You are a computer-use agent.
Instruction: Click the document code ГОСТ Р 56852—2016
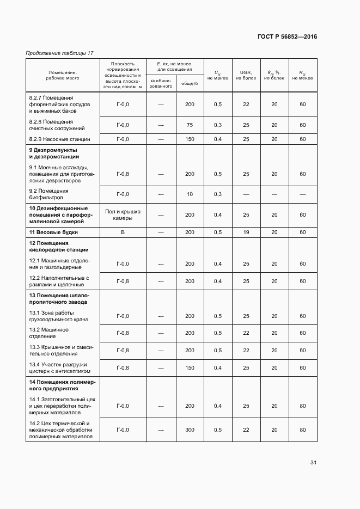pyautogui.click(x=286, y=37)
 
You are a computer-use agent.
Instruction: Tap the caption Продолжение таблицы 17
pyautogui.click(x=60, y=53)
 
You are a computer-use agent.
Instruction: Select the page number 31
pyautogui.click(x=313, y=463)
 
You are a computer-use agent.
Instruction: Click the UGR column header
pyautogui.click(x=246, y=75)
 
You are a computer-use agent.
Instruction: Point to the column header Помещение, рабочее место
pyautogui.click(x=63, y=75)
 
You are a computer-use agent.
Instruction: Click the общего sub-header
pyautogui.click(x=190, y=83)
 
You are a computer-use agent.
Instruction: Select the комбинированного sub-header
pyautogui.click(x=161, y=83)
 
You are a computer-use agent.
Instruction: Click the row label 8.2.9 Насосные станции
pyautogui.click(x=59, y=139)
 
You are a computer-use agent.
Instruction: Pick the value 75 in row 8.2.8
pyautogui.click(x=190, y=125)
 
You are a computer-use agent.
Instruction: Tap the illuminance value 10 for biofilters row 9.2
pyautogui.click(x=190, y=194)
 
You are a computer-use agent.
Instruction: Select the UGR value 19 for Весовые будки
pyautogui.click(x=246, y=232)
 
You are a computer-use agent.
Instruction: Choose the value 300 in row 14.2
pyautogui.click(x=190, y=430)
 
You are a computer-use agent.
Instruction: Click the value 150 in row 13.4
pyautogui.click(x=190, y=368)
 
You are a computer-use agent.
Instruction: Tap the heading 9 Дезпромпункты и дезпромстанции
pyautogui.click(x=53, y=153)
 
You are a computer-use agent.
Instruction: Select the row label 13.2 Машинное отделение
pyautogui.click(x=48, y=333)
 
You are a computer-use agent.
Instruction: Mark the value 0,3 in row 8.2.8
pyautogui.click(x=218, y=125)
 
